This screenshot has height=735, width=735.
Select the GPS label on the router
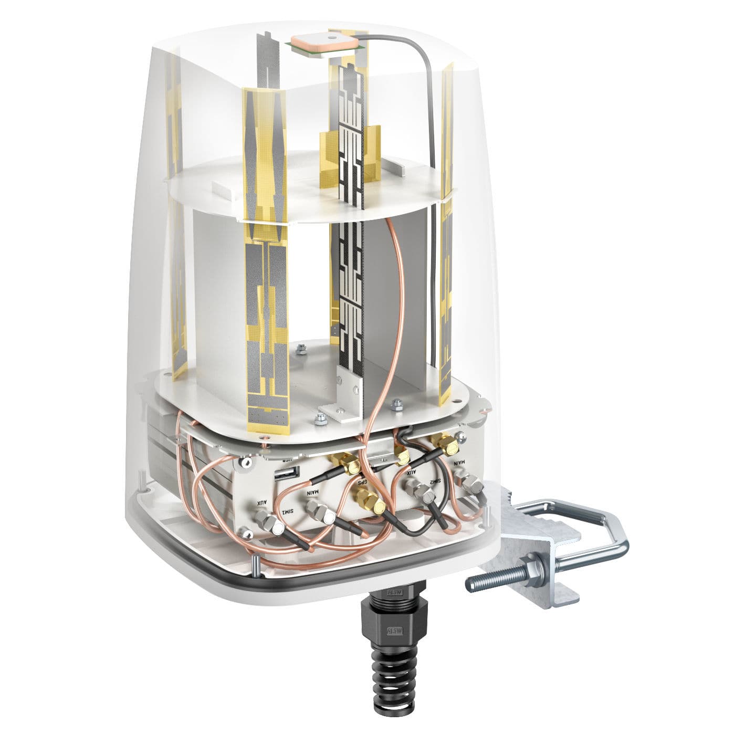click(x=362, y=482)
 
